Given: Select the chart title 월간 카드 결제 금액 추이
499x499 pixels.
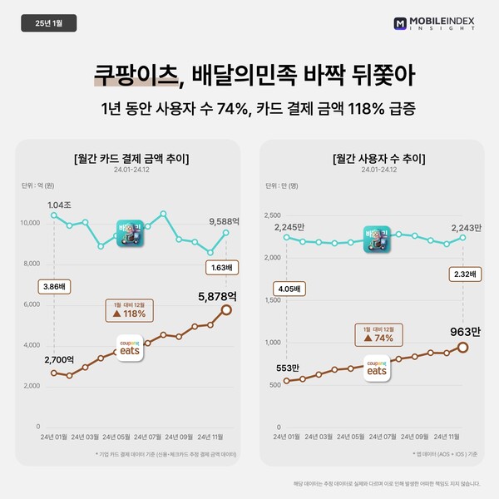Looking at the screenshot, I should tap(131, 158).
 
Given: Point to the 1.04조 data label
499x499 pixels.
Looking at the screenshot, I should tap(61, 205).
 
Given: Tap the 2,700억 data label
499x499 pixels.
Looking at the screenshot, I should tap(62, 360).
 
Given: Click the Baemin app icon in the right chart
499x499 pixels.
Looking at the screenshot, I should tap(378, 239).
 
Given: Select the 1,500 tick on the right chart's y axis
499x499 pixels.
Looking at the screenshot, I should tap(274, 299).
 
